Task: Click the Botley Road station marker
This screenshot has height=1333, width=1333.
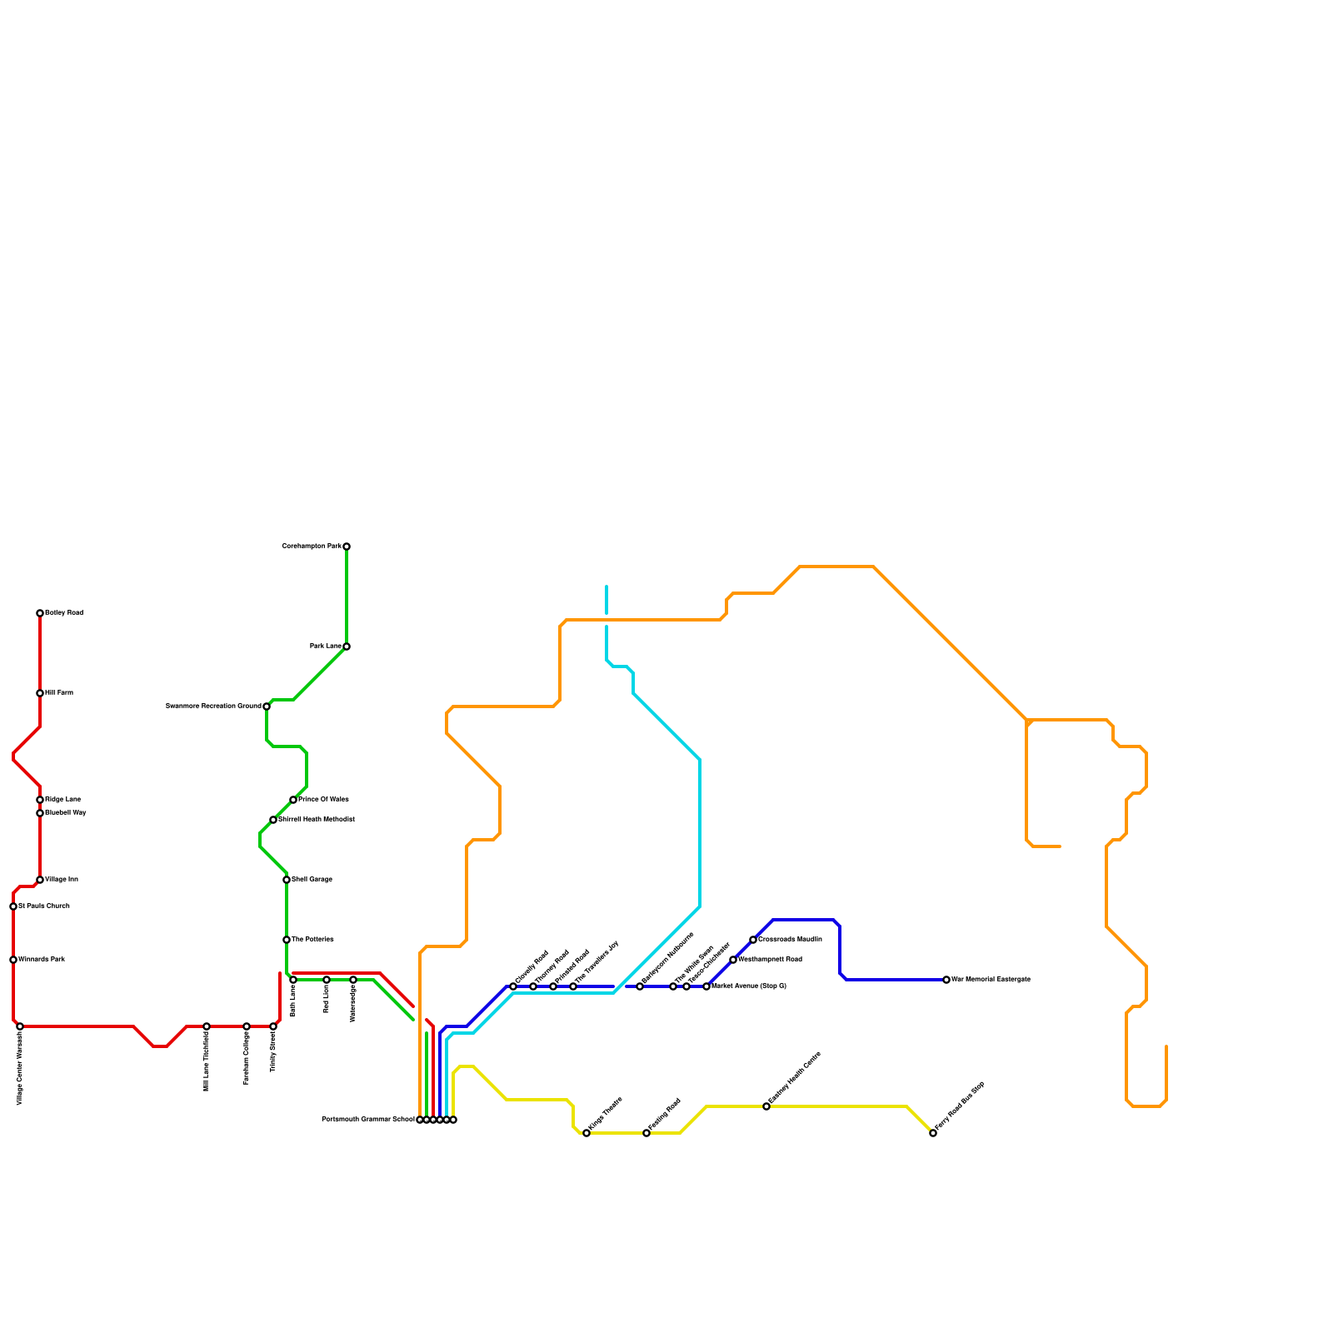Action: click(40, 613)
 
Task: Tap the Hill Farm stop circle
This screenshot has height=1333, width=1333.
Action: click(40, 693)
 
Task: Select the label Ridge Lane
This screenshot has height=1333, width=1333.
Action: click(62, 800)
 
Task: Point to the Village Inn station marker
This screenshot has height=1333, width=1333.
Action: click(40, 880)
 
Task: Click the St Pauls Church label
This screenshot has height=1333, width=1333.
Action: click(44, 906)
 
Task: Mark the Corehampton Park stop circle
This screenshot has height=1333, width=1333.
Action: click(347, 547)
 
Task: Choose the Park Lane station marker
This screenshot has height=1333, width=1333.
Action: click(347, 647)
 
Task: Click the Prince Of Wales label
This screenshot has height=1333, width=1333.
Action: click(323, 800)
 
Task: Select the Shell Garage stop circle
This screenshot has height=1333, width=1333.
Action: click(287, 880)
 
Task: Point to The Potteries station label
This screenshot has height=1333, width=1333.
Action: click(312, 940)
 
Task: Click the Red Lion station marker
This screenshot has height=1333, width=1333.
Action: click(327, 980)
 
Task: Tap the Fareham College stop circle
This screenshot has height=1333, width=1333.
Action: click(247, 1026)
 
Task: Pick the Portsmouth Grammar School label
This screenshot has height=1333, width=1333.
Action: click(367, 1120)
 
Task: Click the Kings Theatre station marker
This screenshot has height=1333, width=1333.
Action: click(587, 1133)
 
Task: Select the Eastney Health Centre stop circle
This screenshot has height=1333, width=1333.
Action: click(766, 1106)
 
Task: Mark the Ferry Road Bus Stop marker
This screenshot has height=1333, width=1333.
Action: click(933, 1133)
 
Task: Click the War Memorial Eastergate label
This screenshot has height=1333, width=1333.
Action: click(991, 980)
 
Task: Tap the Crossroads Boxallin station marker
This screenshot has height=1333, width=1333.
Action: click(753, 940)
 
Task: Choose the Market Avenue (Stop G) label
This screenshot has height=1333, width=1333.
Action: click(749, 986)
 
